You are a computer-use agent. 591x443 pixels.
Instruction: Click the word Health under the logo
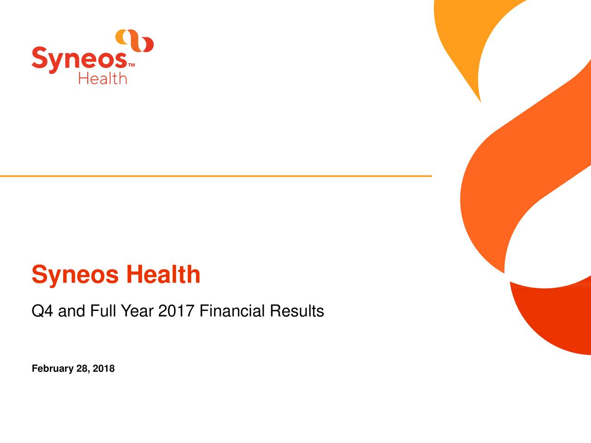click(x=103, y=78)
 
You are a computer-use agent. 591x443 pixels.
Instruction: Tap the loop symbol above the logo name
click(x=134, y=41)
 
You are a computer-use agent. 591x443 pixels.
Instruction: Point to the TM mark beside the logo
click(x=132, y=66)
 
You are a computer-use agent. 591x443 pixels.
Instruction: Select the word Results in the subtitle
click(x=297, y=311)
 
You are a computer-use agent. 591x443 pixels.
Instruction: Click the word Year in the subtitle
click(x=137, y=311)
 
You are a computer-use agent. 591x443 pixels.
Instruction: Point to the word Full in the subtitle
click(x=103, y=311)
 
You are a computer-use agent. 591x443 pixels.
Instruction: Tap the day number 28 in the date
click(x=84, y=369)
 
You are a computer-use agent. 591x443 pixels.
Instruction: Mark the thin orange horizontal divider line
click(x=216, y=176)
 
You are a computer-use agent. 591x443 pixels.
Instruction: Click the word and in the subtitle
click(x=72, y=311)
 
